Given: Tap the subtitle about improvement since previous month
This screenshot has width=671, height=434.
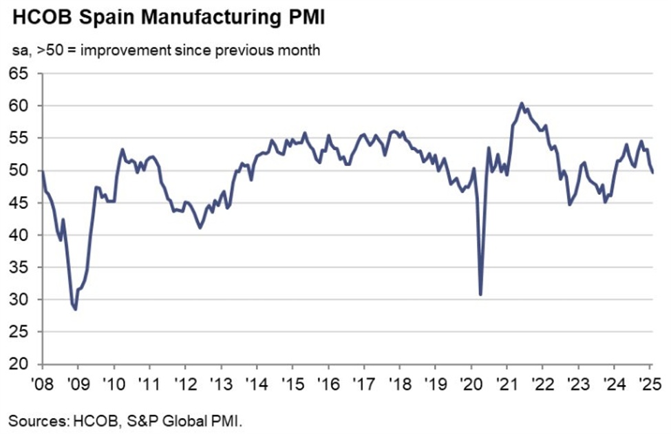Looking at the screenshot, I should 164,51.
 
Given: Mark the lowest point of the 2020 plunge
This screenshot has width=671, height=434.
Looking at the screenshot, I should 480,294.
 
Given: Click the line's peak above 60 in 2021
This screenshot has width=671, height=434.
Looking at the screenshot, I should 521,103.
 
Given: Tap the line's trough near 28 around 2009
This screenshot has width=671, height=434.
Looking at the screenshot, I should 75,309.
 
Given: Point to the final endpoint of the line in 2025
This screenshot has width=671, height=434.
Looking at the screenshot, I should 652,172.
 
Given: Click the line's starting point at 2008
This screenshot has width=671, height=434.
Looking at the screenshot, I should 43,171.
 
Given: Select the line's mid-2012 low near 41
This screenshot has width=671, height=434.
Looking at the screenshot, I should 200,228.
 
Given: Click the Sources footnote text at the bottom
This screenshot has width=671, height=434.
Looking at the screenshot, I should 126,419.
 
